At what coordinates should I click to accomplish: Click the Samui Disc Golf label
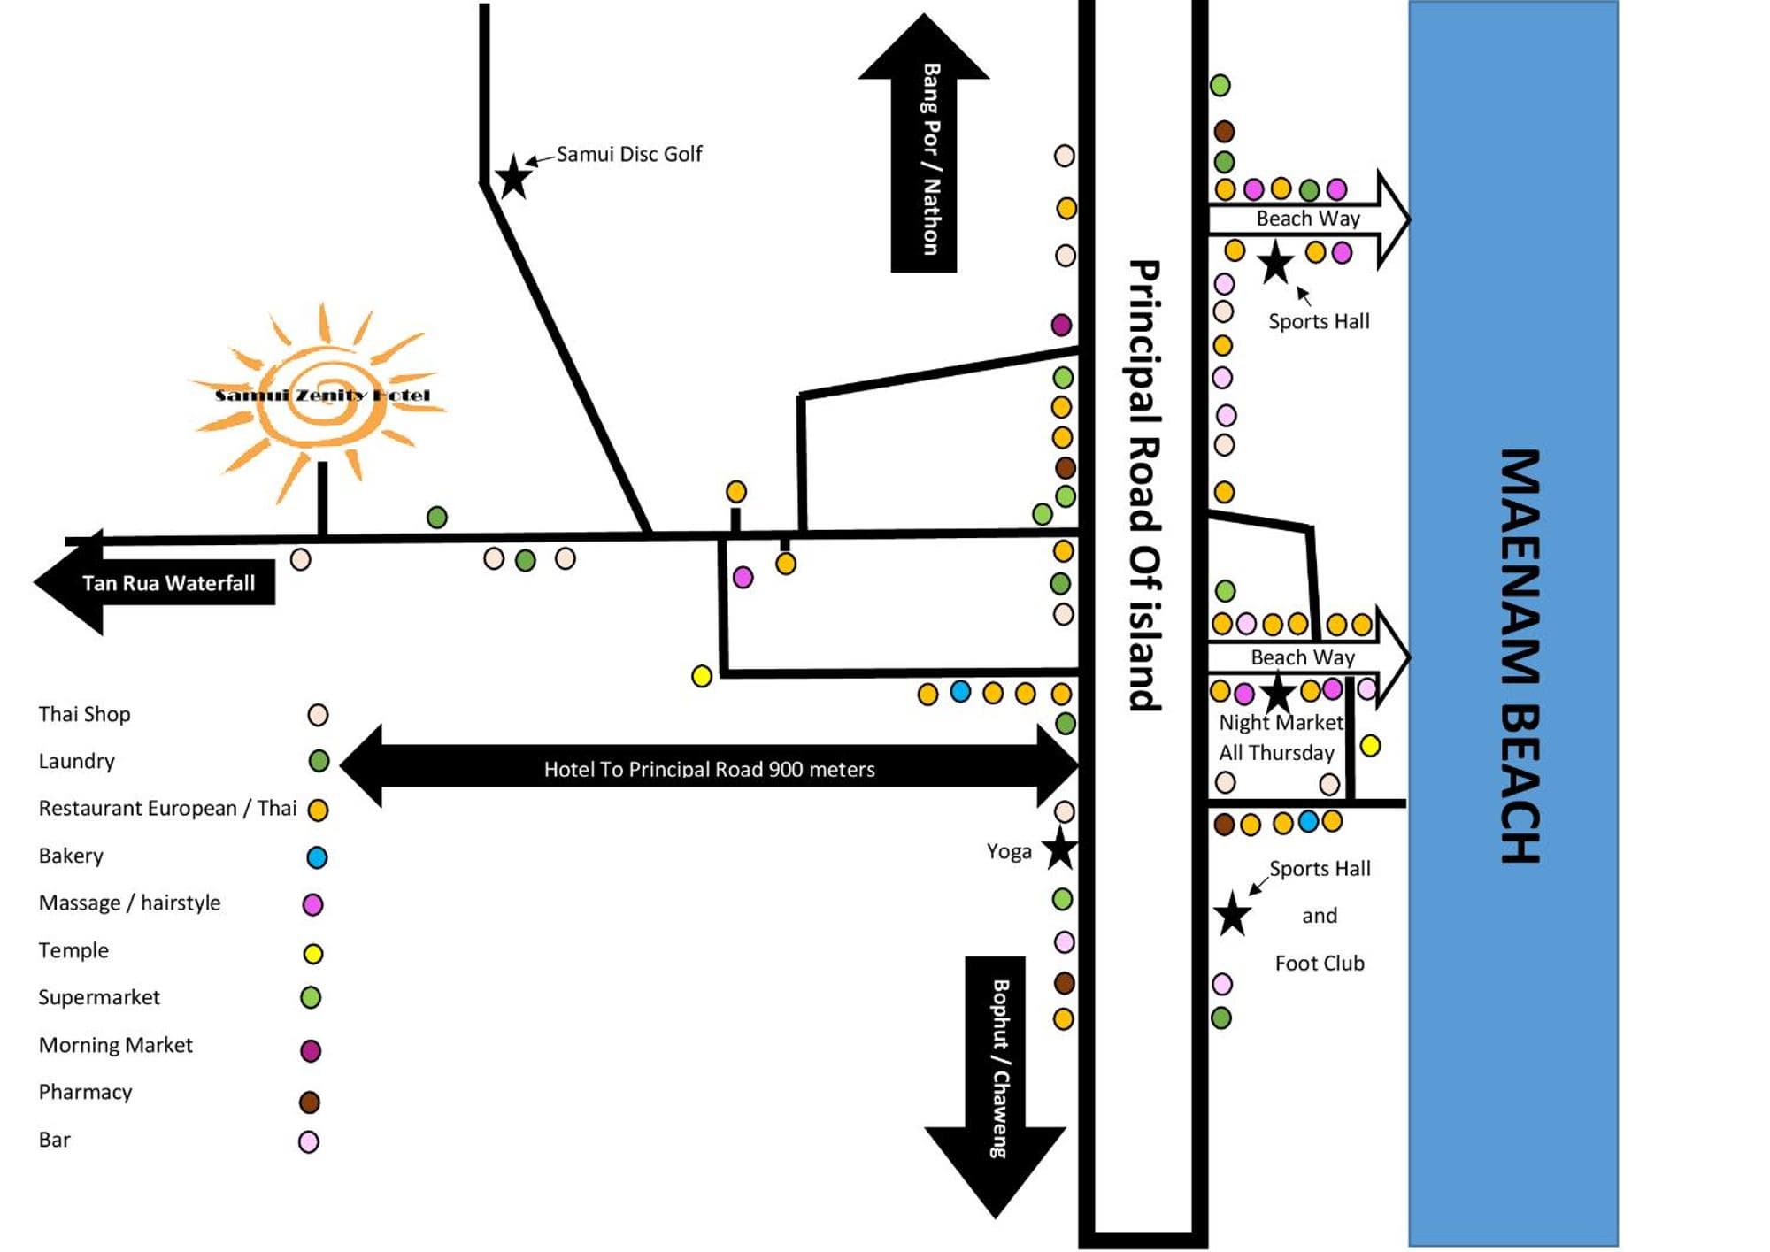(628, 155)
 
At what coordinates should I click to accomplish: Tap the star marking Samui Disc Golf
(513, 177)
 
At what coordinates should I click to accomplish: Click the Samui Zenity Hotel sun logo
(321, 396)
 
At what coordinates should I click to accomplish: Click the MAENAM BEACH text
(1520, 656)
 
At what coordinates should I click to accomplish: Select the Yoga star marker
(1059, 849)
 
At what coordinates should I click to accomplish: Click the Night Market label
(1280, 723)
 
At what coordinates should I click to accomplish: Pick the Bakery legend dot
(316, 857)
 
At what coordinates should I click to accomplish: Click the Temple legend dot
(313, 953)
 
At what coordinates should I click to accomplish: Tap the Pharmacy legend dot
(309, 1102)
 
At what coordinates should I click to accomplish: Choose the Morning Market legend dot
(311, 1050)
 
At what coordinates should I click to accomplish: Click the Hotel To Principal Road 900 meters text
(709, 769)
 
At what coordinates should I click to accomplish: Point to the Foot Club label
(1319, 963)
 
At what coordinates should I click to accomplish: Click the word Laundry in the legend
(77, 761)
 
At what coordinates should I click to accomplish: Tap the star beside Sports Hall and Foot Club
(1232, 915)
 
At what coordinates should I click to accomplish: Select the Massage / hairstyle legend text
(129, 903)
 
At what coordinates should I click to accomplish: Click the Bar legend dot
(308, 1141)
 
